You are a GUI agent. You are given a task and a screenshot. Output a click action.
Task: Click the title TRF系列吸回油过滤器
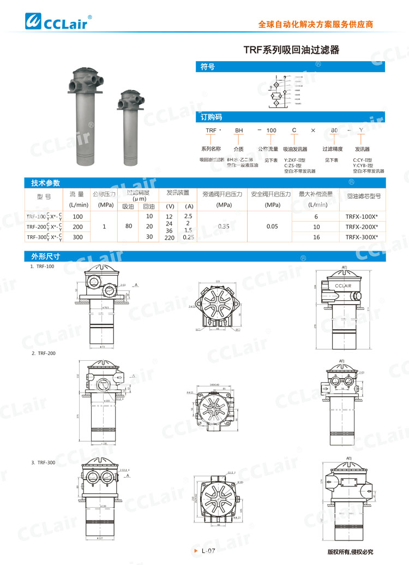291,50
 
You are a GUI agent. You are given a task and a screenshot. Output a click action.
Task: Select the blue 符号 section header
207,67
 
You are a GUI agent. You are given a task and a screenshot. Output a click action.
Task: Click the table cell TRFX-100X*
362,217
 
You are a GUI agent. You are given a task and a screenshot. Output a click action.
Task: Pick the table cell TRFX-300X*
362,236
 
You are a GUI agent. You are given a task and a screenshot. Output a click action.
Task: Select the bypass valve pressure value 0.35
223,226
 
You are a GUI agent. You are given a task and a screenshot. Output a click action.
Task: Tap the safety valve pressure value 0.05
273,226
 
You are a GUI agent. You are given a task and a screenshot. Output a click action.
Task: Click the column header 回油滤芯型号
363,195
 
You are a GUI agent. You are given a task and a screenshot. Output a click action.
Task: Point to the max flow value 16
316,236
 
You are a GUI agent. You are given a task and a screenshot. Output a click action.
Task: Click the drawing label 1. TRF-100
42,266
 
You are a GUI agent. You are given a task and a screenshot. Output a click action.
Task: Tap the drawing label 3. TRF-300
43,447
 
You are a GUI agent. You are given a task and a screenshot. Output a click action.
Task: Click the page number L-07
209,551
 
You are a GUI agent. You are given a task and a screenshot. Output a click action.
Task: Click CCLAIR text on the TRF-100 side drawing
342,286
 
